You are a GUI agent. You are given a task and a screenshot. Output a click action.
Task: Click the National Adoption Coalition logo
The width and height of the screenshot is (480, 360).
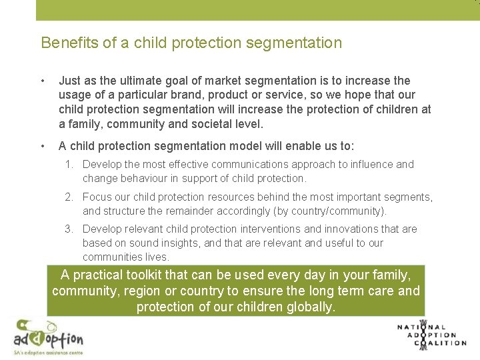point(431,335)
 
